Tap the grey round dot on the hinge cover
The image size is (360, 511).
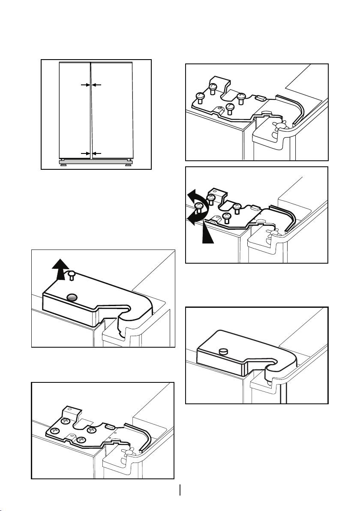72,297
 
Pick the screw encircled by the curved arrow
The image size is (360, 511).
199,207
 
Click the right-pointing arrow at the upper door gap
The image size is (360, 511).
85,85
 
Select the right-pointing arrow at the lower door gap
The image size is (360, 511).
85,153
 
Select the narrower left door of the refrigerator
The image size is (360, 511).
74,109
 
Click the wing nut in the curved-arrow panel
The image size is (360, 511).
273,234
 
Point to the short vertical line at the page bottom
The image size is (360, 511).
180,490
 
